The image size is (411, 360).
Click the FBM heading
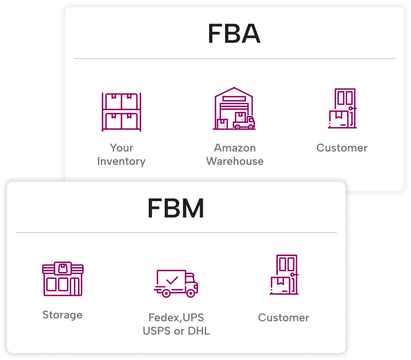tap(176, 208)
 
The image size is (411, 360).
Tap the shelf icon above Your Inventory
tap(121, 112)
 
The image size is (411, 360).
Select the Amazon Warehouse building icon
tap(234, 108)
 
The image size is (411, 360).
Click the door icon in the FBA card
tap(342, 108)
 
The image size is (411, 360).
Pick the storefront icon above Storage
tap(63, 279)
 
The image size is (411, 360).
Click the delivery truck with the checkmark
tap(176, 283)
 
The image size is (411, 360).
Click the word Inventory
tap(121, 161)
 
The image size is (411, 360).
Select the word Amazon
tap(235, 148)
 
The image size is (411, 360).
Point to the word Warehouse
tap(235, 161)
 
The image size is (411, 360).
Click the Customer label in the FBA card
tap(342, 148)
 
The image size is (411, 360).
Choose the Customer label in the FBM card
tap(284, 318)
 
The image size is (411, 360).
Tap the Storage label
tap(62, 315)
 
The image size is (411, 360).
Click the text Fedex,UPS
tap(176, 318)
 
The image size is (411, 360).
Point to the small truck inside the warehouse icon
tap(244, 122)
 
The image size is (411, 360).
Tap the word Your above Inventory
tap(121, 148)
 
